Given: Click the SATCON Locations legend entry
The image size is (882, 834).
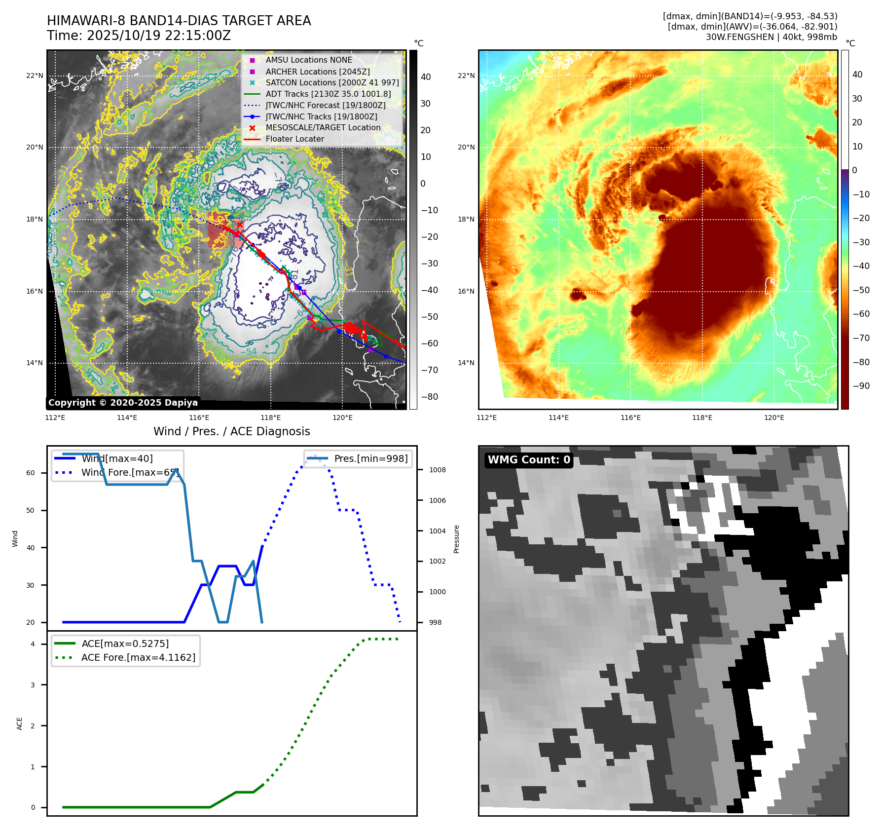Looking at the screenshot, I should pyautogui.click(x=332, y=82).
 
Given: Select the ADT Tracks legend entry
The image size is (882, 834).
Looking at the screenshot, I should pyautogui.click(x=328, y=94).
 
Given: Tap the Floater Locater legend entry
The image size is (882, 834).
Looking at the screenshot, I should pyautogui.click(x=294, y=139).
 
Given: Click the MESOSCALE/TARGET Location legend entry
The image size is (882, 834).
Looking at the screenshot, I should pyautogui.click(x=323, y=128).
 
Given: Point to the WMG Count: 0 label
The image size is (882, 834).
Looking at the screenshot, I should pyautogui.click(x=529, y=460).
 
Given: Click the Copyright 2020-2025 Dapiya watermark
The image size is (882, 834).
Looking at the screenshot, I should pyautogui.click(x=123, y=403).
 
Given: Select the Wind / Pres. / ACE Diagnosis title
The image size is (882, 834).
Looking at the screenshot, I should pyautogui.click(x=232, y=431).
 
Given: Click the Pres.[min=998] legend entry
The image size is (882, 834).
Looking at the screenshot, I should pyautogui.click(x=370, y=458).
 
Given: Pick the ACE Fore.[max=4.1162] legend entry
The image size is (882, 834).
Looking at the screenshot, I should pyautogui.click(x=138, y=657).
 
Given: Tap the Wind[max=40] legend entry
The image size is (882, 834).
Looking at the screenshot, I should pyautogui.click(x=117, y=458).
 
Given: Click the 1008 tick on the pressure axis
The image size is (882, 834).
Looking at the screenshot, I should pyautogui.click(x=437, y=470).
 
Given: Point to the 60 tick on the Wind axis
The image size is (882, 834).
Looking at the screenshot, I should pyautogui.click(x=31, y=473).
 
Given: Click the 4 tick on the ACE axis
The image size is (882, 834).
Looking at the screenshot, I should pyautogui.click(x=33, y=644).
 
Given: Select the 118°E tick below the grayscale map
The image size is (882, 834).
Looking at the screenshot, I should pyautogui.click(x=270, y=417).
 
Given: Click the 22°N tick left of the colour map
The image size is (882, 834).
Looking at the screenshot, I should pyautogui.click(x=466, y=76).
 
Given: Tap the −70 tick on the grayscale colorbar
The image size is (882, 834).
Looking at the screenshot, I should pyautogui.click(x=429, y=370).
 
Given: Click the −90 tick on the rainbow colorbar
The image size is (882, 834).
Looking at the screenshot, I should pyautogui.click(x=861, y=386).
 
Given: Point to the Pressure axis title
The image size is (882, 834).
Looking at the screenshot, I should pyautogui.click(x=457, y=539).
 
